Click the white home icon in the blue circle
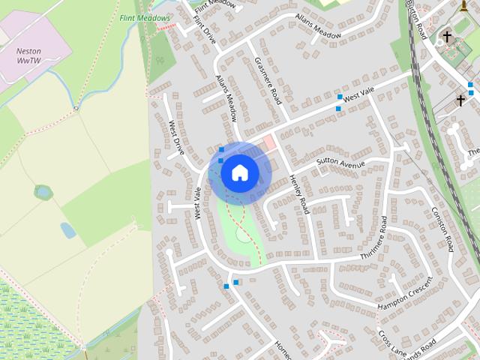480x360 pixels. coord(239,172)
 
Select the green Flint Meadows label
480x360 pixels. coord(145,17)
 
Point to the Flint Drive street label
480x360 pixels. coord(205,30)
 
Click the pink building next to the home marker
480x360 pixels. coord(268,142)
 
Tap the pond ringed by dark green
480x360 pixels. coord(43,192)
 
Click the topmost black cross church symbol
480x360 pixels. coord(448,36)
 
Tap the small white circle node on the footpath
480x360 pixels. coord(76,109)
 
